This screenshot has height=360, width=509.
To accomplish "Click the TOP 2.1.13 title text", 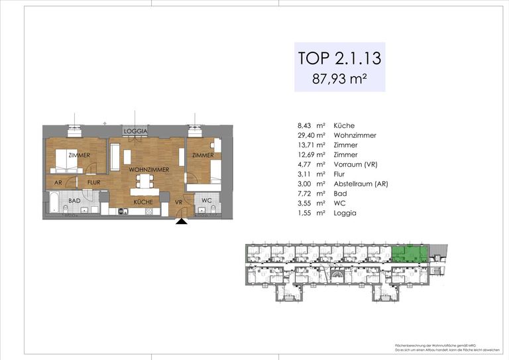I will tap(339, 58).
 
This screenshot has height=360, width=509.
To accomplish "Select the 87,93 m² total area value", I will tap(339, 79).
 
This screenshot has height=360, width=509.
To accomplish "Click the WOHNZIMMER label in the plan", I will tap(148, 170).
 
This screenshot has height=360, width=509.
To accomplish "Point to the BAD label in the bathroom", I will tap(74, 200).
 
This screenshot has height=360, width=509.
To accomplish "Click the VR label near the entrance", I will tap(178, 202).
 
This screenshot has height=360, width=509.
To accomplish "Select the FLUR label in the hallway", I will tap(93, 182).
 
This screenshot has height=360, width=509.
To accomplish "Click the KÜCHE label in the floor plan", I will tap(143, 202).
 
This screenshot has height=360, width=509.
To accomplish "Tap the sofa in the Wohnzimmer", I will tap(115, 156).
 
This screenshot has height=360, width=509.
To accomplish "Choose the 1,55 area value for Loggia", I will tap(306, 213).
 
